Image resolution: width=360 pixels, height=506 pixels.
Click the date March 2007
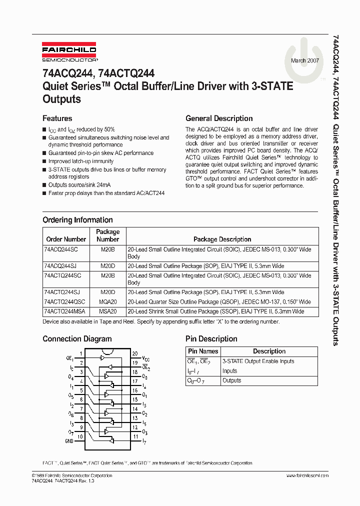(x=305, y=60)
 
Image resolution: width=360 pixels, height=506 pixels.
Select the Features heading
(x=57, y=118)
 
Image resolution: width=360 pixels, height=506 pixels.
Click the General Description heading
(x=219, y=118)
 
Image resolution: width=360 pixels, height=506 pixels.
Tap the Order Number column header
(x=66, y=239)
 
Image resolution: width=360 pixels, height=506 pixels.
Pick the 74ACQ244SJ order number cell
(x=60, y=266)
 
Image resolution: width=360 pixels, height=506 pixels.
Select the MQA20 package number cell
(x=107, y=302)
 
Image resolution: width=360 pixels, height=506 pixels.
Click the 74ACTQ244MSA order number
(x=64, y=311)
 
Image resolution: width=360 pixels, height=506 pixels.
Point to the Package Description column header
(x=222, y=239)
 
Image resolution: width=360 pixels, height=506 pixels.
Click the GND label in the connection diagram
(x=69, y=441)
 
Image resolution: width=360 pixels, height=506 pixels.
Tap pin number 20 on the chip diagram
(x=134, y=353)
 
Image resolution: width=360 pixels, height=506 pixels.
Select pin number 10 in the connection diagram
(x=80, y=436)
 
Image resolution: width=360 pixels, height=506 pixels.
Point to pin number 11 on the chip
(x=134, y=436)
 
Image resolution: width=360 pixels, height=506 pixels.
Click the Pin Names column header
(x=202, y=351)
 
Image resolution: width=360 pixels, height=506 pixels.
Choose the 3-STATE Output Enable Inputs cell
(x=258, y=361)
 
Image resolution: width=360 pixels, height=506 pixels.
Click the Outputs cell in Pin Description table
(x=231, y=380)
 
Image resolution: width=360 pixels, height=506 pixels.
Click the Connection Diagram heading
(x=77, y=338)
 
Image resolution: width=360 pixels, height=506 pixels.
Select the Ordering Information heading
(x=77, y=220)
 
